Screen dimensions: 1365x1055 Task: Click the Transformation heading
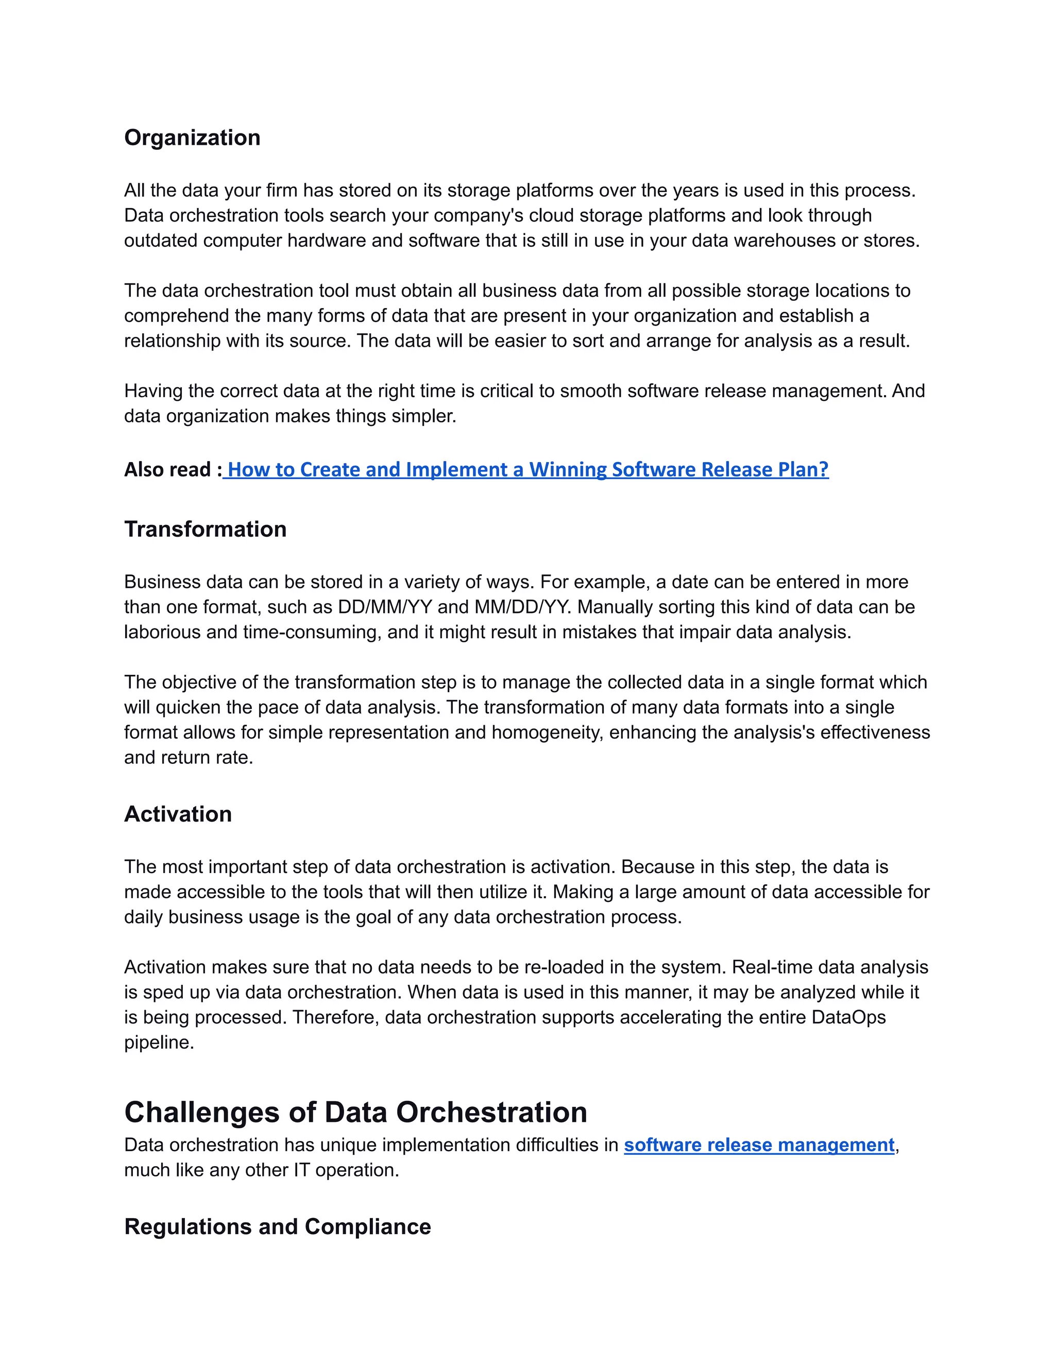click(x=205, y=529)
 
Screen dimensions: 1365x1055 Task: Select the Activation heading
click(x=178, y=814)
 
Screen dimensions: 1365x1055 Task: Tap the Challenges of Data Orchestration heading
click(x=355, y=1112)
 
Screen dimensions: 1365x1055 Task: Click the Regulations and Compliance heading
click(x=278, y=1226)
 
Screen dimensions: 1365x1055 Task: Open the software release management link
click(x=759, y=1145)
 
